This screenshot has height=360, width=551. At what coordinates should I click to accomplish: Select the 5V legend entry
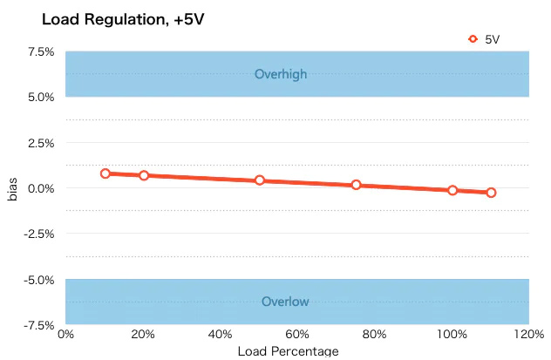[x=485, y=38]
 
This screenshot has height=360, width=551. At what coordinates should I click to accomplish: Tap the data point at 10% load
[x=105, y=173]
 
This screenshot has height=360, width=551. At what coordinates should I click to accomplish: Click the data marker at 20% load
[x=144, y=175]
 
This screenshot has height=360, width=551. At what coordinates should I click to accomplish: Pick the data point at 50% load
[x=260, y=180]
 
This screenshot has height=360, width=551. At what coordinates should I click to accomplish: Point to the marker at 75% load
[x=357, y=185]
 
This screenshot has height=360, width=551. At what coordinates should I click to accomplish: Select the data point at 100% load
[x=452, y=190]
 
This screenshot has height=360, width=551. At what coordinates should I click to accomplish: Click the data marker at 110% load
[x=491, y=193]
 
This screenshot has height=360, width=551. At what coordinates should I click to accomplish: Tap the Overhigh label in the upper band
[x=281, y=75]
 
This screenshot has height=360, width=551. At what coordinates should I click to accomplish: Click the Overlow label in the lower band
[x=285, y=302]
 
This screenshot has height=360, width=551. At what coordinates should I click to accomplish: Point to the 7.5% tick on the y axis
[x=40, y=52]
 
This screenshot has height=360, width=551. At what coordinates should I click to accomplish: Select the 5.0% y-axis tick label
[x=40, y=98]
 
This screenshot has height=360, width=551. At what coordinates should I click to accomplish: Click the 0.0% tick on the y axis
[x=40, y=188]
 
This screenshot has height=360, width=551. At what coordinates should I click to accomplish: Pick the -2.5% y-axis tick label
[x=38, y=234]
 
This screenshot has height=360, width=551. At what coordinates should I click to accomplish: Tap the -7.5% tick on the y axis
[x=38, y=324]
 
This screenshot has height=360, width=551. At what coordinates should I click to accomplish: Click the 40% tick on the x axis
[x=221, y=335]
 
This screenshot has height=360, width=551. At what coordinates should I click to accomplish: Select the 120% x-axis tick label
[x=527, y=335]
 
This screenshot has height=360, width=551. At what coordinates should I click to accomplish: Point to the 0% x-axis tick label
[x=66, y=335]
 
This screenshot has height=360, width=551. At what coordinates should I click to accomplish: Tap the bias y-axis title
[x=13, y=188]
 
